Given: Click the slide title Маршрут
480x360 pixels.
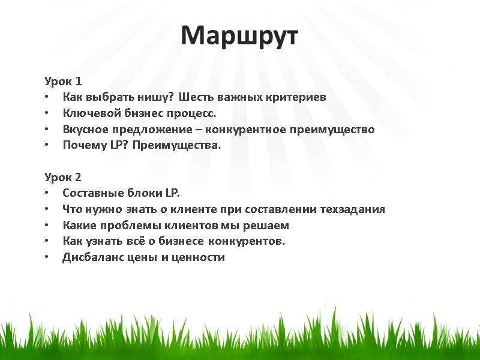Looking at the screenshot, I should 239,37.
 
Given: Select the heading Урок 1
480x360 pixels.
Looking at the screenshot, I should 62,81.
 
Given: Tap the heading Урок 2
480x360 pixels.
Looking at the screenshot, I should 62,177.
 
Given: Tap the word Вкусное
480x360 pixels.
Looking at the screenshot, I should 83,129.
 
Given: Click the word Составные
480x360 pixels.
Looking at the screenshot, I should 87,193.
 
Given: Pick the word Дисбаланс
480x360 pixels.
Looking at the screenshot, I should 89,257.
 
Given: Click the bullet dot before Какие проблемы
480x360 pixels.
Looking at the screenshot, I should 47,226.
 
